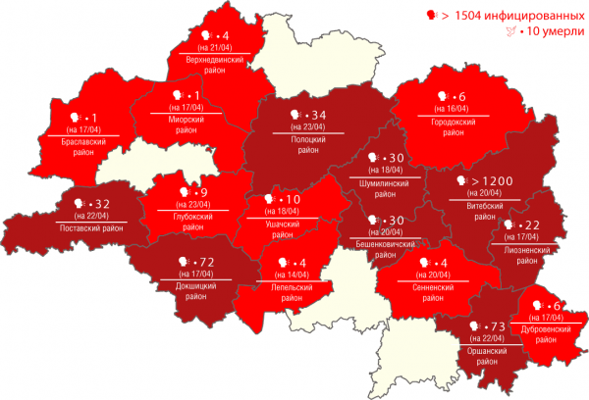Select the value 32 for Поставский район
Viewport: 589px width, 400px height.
point(101,205)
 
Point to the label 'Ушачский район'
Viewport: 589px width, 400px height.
point(281,229)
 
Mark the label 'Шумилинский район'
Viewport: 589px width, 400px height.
point(391,186)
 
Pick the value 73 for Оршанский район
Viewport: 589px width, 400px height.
point(496,325)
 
